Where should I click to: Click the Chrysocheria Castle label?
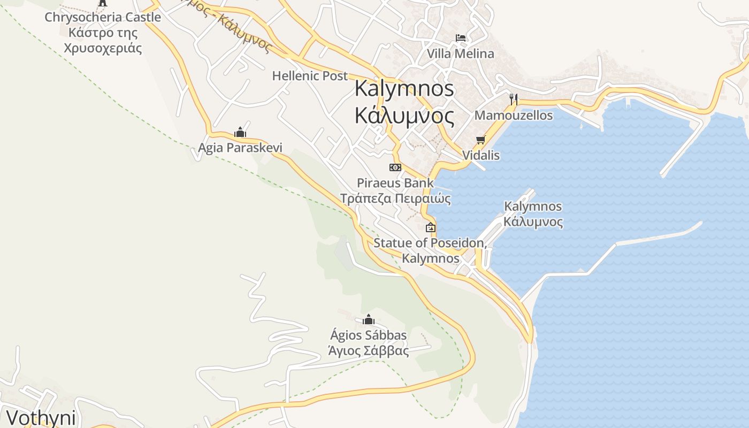103,17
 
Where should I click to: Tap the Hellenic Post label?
310,76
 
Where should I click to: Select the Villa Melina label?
460,54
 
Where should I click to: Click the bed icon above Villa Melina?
460,38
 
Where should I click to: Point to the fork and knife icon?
514,99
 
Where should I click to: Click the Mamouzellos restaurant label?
514,116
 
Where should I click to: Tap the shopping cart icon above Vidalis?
480,140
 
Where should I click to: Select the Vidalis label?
480,156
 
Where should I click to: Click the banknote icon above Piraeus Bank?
395,167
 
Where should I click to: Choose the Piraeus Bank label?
395,183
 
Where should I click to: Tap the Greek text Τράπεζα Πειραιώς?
395,199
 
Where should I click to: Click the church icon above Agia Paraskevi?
240,132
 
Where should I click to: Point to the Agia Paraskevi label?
240,148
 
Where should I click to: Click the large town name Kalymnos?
404,89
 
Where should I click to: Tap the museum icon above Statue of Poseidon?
430,227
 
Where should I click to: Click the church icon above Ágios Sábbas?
368,320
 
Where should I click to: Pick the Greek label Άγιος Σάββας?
368,351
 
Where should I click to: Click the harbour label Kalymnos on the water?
533,207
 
